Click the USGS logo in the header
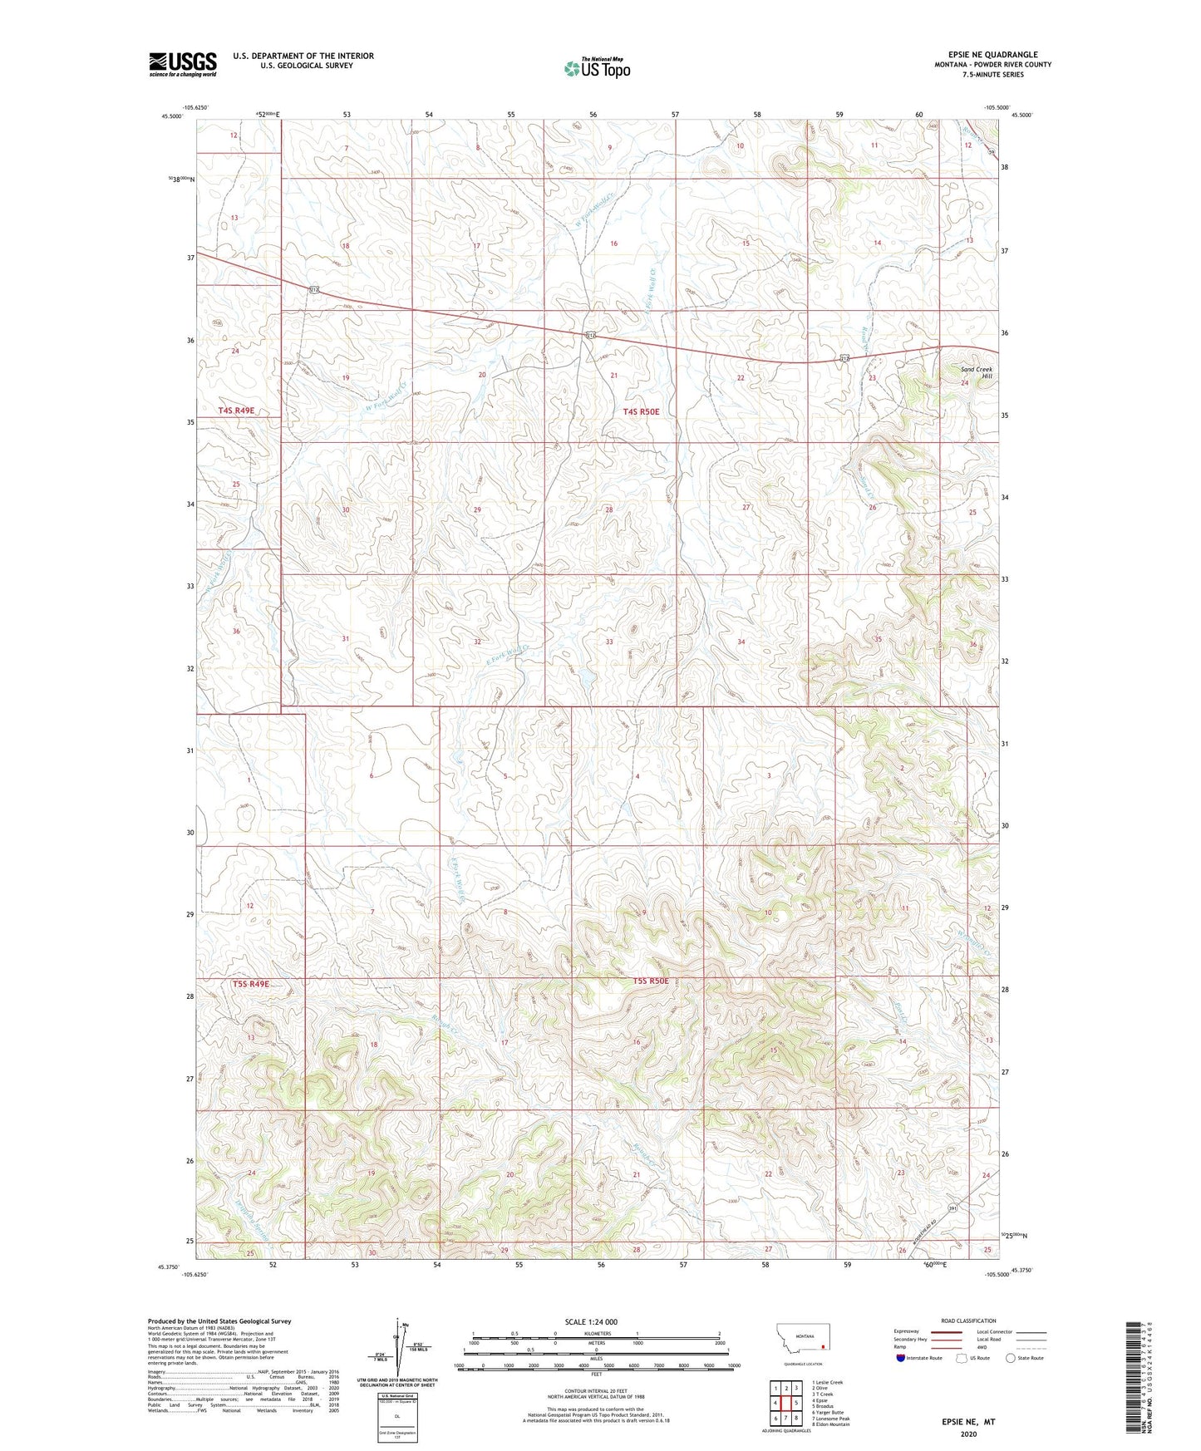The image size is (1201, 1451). (183, 64)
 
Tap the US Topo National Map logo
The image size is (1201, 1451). (596, 68)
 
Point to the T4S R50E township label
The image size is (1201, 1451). (641, 411)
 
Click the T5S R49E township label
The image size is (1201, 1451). (250, 984)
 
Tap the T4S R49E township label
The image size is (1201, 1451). (237, 411)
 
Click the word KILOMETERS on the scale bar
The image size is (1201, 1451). (596, 1333)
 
